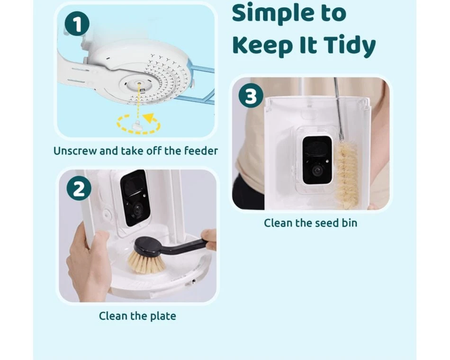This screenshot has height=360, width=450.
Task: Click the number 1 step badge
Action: tap(77, 25)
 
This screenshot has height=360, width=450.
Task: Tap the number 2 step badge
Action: tap(79, 189)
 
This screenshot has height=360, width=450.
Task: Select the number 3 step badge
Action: tap(251, 96)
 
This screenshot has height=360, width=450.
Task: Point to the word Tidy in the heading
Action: tap(350, 45)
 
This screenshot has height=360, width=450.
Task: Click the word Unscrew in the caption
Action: tap(75, 151)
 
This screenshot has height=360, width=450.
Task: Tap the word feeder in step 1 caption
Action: tap(201, 151)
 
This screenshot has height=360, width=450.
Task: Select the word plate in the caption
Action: tap(163, 316)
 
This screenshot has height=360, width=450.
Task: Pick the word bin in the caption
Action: tap(349, 223)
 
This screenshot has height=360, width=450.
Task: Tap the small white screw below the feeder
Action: tap(136, 125)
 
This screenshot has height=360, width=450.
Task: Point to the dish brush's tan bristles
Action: tap(146, 262)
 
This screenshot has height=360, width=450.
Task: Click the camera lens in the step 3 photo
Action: tap(317, 171)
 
